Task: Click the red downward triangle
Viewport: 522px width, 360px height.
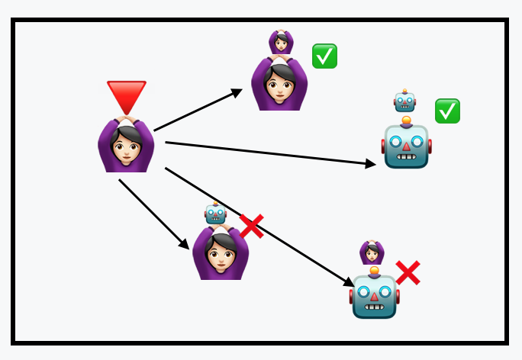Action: point(126,95)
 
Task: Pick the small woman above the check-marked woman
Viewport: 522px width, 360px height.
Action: point(281,40)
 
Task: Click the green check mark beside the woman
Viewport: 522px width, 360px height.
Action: point(324,56)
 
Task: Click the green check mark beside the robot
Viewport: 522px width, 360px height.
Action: point(447,111)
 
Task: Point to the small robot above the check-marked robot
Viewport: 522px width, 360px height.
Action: point(404,101)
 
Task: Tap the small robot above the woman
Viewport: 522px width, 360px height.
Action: point(215,213)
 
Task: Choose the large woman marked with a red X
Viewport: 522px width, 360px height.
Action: point(221,253)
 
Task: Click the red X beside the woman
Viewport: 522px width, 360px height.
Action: point(251,226)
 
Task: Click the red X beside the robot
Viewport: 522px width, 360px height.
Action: point(408,272)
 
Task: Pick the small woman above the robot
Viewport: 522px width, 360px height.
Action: point(372,252)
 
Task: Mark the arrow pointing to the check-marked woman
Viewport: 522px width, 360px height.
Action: point(198,110)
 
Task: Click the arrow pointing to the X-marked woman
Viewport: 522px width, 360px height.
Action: point(153,214)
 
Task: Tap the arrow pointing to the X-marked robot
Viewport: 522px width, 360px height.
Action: point(259,227)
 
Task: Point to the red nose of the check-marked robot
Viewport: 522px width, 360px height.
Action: point(406,146)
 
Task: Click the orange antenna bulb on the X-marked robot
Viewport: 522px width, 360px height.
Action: point(374,271)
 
